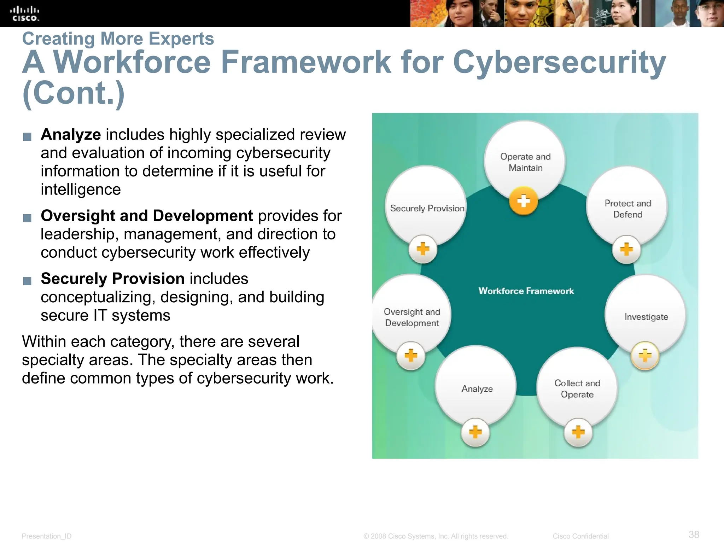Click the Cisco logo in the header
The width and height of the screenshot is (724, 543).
24,13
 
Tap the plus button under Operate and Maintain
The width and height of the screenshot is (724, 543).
524,201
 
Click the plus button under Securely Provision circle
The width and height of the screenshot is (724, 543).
423,249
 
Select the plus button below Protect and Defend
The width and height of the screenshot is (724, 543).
626,249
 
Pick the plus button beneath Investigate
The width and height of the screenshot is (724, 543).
645,356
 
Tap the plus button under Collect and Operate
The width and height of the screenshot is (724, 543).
578,432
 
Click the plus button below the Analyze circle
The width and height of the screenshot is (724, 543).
475,432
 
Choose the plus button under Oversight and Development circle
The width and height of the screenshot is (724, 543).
411,356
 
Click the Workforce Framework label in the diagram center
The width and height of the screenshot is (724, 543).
526,291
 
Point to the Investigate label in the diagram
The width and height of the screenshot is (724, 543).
646,317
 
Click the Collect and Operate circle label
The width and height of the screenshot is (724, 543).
577,389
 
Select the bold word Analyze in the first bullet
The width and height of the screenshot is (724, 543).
71,135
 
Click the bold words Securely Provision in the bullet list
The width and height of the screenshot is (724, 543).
112,279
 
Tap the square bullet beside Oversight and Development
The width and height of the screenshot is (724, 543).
27,218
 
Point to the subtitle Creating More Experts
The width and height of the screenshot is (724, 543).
118,39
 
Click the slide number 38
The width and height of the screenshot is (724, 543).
694,534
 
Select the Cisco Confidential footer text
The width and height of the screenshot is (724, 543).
580,536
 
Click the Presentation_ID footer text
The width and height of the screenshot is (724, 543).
47,536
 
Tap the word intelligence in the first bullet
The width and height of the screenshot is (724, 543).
81,190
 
